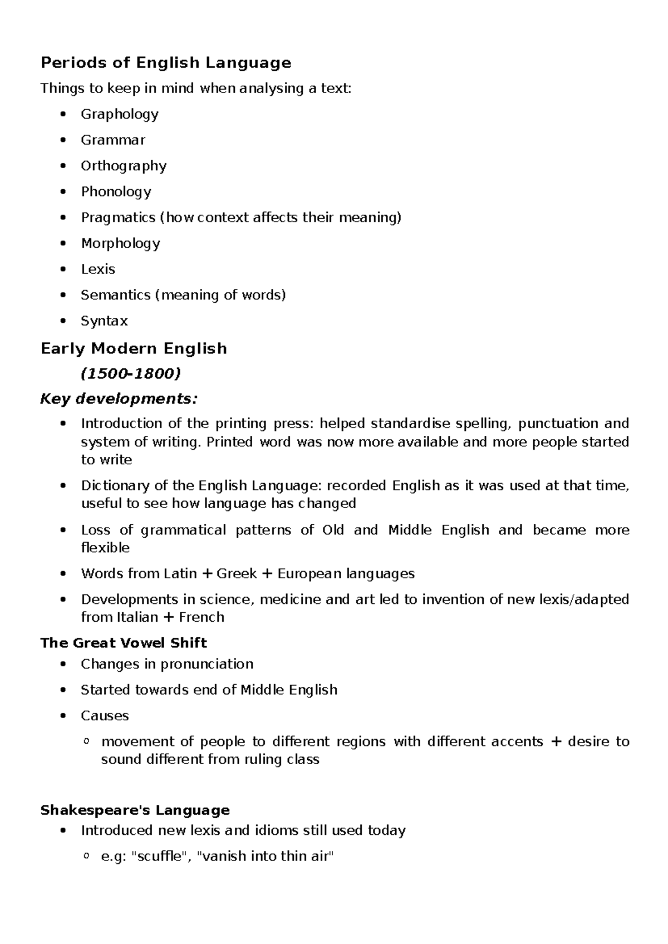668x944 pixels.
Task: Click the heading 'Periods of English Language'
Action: click(x=166, y=62)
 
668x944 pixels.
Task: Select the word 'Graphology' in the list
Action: click(x=120, y=114)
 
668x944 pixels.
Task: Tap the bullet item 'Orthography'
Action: click(x=124, y=166)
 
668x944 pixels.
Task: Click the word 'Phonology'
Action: click(x=116, y=191)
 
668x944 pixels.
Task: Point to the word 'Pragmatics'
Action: click(x=118, y=217)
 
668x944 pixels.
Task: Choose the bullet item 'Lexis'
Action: click(x=98, y=269)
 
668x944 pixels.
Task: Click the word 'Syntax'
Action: click(x=104, y=321)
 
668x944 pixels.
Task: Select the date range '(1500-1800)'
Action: click(x=131, y=373)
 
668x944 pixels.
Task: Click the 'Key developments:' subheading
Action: click(x=119, y=399)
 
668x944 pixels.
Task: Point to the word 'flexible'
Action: click(x=105, y=548)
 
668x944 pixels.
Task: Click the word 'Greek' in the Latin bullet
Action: click(x=237, y=573)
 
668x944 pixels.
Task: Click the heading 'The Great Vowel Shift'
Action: click(x=124, y=643)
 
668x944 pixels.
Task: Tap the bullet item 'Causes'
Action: click(x=105, y=715)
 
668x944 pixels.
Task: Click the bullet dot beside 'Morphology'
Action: click(x=65, y=243)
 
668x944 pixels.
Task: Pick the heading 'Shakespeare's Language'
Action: click(x=135, y=810)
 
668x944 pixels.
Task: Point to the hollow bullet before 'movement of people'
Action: click(x=86, y=741)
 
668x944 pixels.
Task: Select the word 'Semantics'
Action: click(x=116, y=294)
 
